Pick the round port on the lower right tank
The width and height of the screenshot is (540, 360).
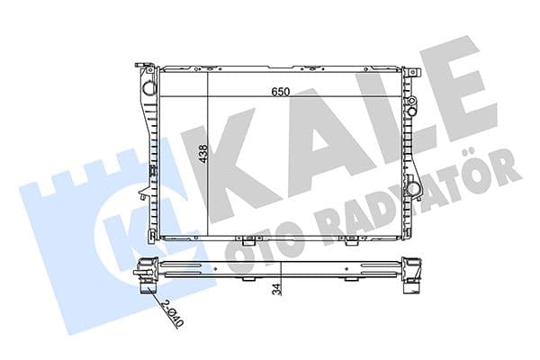(x=413, y=188)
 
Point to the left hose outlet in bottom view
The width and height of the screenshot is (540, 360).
(x=144, y=289)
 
